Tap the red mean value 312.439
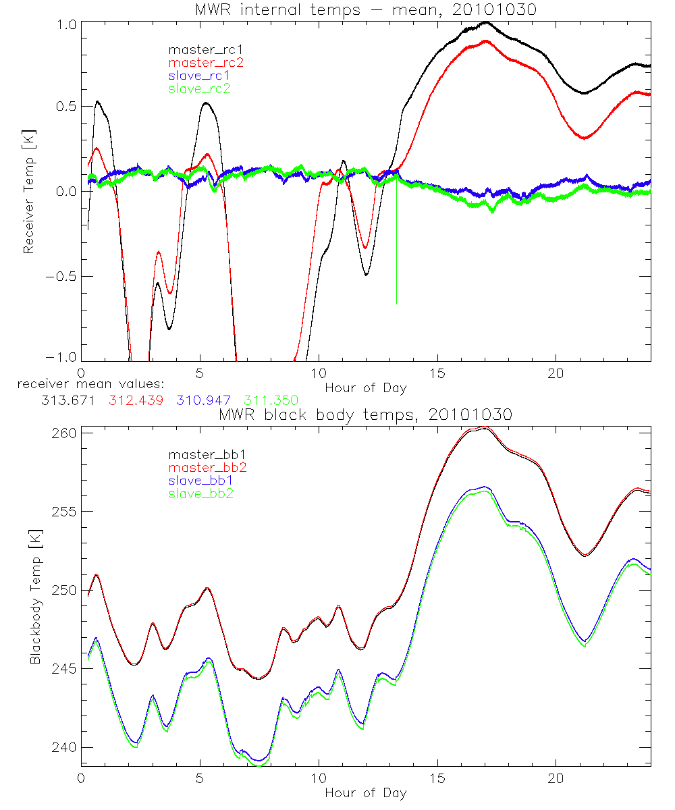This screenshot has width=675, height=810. tap(136, 401)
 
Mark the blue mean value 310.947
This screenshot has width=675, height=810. tap(205, 401)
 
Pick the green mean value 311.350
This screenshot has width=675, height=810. tap(270, 401)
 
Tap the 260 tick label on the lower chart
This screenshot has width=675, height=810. tap(63, 432)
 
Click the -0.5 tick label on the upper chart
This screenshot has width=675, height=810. tap(59, 276)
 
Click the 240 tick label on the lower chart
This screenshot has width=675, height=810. tap(63, 748)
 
